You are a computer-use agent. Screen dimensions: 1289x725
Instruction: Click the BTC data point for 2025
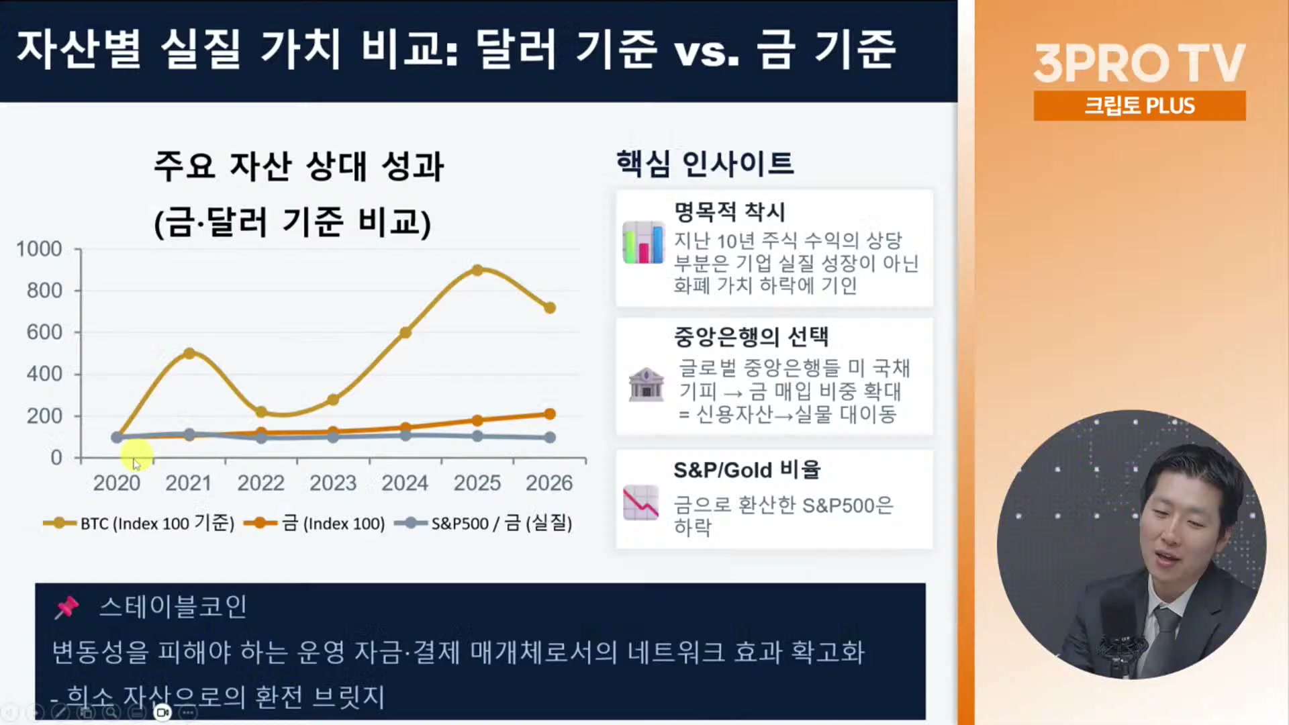point(477,270)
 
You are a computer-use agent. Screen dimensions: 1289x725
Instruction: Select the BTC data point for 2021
point(189,353)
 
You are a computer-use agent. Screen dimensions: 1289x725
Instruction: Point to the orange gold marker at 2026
point(550,414)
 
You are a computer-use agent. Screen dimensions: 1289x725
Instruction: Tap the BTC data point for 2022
point(261,412)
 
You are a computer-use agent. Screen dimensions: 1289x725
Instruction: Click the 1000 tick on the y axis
point(39,249)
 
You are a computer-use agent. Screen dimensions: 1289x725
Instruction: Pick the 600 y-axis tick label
point(44,332)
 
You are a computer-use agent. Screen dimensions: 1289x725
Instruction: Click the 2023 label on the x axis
point(333,483)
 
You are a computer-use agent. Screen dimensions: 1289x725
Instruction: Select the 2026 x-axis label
point(549,483)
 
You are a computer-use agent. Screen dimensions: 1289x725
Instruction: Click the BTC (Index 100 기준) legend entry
point(139,523)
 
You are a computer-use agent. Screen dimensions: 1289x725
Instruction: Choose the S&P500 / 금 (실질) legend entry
point(483,523)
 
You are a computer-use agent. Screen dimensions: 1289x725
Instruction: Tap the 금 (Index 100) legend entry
point(314,523)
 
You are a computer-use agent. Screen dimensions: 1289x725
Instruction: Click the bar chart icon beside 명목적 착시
point(643,242)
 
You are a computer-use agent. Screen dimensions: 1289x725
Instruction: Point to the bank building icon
point(646,385)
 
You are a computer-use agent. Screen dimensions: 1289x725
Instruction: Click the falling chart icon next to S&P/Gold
point(641,503)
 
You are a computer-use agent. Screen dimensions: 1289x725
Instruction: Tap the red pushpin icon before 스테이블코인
point(66,607)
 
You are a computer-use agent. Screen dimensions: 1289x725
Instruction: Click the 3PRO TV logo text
point(1139,63)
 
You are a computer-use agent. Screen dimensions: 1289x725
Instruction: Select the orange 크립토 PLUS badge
point(1139,105)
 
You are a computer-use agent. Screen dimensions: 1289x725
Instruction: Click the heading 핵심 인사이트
point(705,163)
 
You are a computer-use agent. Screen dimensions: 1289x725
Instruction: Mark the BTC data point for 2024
point(405,332)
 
